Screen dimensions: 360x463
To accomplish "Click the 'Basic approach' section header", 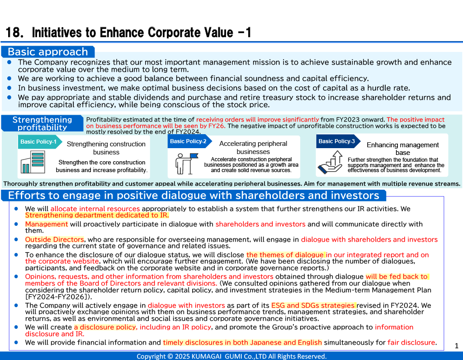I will [x=47, y=51].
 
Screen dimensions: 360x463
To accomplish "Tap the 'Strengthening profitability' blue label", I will [x=42, y=123].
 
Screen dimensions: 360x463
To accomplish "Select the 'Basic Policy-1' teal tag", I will [x=38, y=142].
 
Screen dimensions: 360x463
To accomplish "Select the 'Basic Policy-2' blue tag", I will [x=188, y=141].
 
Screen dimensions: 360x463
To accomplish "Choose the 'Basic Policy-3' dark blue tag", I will [x=337, y=141].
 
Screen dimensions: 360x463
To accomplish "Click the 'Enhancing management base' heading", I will [x=402, y=149].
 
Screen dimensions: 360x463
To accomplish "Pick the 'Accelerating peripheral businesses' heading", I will [x=253, y=148].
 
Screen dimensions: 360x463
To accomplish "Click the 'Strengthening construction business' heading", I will [x=106, y=148].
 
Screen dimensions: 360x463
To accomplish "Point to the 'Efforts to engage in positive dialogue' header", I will [x=194, y=196].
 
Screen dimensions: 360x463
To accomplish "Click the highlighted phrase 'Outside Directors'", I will [x=54, y=239].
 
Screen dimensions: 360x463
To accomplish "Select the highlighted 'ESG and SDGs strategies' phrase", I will [x=313, y=305].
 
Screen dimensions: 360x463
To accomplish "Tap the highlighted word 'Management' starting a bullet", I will [x=46, y=224].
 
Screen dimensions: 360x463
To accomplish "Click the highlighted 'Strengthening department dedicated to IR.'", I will [x=97, y=215].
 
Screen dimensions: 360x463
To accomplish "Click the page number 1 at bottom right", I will [x=456, y=346].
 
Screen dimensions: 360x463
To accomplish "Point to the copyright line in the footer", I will [x=231, y=356].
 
